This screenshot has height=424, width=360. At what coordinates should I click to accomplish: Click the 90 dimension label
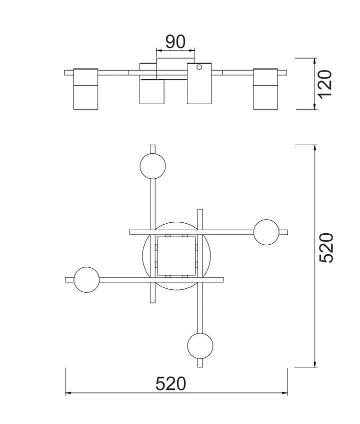(175, 42)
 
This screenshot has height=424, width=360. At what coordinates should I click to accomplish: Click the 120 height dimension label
(324, 84)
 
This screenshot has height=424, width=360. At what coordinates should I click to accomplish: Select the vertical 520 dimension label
(326, 248)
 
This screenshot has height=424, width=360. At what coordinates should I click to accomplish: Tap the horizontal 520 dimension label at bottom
(171, 383)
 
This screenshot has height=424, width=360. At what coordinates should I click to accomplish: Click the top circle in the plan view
(153, 166)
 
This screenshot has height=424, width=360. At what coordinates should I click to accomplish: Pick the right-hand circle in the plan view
(266, 232)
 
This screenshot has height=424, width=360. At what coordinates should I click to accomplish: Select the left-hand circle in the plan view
(86, 280)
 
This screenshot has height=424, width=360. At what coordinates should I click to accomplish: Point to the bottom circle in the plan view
(200, 346)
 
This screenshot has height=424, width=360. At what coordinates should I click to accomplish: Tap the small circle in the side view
(199, 67)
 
